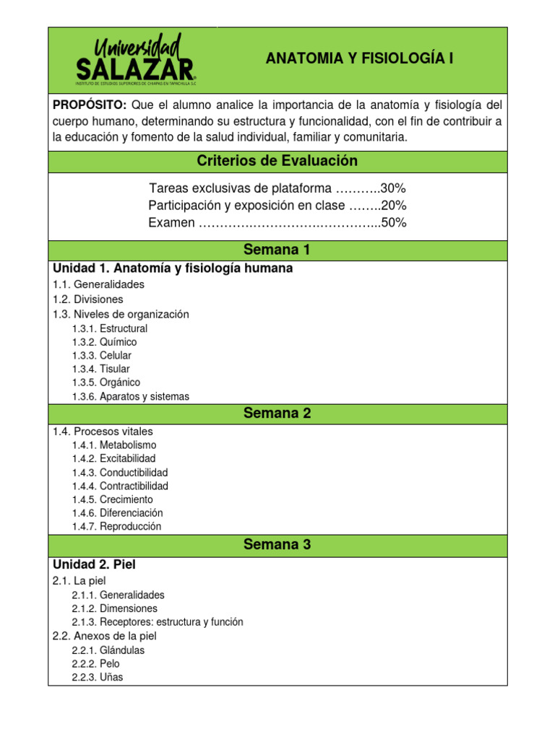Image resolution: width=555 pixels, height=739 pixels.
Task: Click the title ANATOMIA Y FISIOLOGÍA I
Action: click(360, 58)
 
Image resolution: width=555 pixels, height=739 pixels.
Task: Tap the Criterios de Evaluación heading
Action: click(277, 161)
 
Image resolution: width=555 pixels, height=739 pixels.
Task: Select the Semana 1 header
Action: click(277, 250)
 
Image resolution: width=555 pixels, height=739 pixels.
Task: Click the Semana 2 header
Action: click(277, 414)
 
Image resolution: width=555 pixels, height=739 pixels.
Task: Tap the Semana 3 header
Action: click(277, 545)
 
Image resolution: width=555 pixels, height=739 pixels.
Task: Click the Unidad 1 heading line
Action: click(173, 268)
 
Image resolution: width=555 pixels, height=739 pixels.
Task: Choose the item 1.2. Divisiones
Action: click(88, 299)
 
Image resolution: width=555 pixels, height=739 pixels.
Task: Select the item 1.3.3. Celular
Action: click(102, 356)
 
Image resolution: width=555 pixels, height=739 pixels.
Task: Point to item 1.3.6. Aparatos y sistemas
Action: click(131, 396)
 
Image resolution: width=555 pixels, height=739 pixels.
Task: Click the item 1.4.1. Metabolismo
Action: click(114, 445)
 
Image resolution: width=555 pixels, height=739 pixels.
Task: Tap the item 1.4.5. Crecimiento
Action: click(113, 499)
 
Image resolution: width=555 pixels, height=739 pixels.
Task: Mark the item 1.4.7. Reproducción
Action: click(117, 527)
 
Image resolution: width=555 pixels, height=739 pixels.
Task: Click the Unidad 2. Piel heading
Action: click(94, 564)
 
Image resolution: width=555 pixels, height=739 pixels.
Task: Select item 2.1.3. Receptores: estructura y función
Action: click(158, 622)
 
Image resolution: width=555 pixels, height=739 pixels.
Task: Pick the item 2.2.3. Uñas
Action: click(98, 678)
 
